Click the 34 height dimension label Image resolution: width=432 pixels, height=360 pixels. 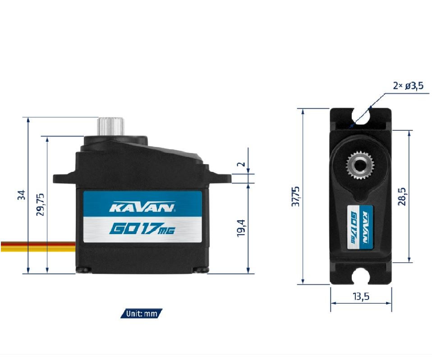22,195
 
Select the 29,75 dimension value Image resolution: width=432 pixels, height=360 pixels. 41,204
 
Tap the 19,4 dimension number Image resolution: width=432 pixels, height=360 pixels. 241,228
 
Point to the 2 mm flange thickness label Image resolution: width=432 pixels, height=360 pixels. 242,164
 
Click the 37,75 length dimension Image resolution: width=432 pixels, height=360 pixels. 296,196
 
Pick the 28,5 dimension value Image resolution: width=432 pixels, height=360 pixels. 402,196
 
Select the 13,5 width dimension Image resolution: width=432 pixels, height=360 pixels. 361,296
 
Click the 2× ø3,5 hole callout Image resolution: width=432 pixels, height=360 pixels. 408,86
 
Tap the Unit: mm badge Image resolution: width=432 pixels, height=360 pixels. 141,314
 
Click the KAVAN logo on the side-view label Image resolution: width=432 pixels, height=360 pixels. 142,207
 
